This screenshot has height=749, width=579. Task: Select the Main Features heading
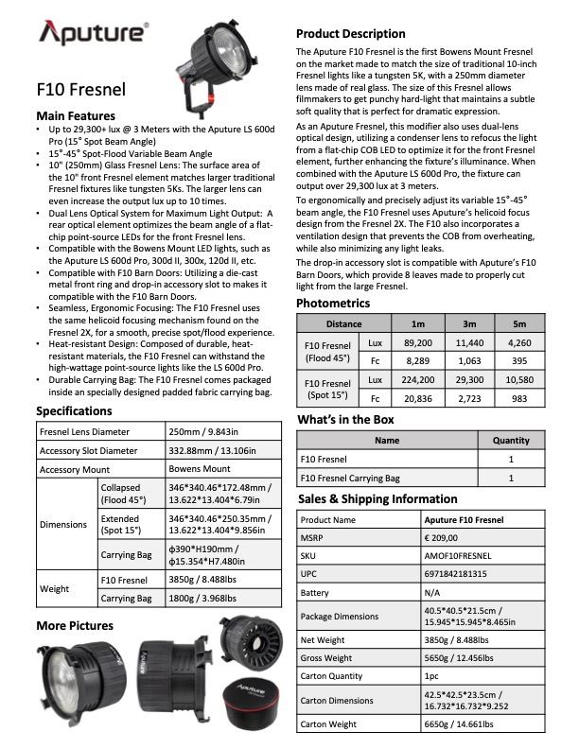coord(75,114)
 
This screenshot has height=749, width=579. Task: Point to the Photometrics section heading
coord(333,303)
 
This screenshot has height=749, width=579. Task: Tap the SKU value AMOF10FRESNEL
coord(459,556)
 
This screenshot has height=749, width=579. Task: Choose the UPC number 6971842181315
coord(458,573)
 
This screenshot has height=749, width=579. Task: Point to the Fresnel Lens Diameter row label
coord(83,430)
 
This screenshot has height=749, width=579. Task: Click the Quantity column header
coord(511,440)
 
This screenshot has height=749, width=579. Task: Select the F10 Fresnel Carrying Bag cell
coord(350,479)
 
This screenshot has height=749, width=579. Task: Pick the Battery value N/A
coord(432,591)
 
